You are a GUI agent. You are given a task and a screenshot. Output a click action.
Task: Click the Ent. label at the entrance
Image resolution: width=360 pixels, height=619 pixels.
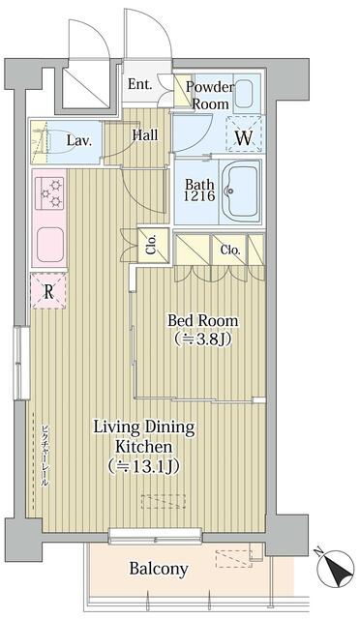pyautogui.click(x=140, y=84)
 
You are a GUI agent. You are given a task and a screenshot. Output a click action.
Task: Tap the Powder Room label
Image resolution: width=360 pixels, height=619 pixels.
pyautogui.click(x=210, y=95)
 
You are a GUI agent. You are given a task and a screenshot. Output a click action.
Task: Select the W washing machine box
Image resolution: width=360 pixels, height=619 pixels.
pyautogui.click(x=244, y=133)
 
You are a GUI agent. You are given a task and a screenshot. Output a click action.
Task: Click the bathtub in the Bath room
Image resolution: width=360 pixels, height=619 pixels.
pyautogui.click(x=240, y=192)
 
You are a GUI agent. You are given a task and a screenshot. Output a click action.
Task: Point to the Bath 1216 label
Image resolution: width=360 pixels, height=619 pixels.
pyautogui.click(x=200, y=190)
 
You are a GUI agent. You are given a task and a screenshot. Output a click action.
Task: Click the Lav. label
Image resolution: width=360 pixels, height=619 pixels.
pyautogui.click(x=79, y=140)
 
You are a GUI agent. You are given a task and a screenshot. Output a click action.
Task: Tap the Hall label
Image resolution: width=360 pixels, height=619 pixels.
pyautogui.click(x=145, y=135)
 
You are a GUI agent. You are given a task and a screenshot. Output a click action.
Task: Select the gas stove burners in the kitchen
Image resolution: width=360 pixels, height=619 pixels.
pyautogui.click(x=49, y=193)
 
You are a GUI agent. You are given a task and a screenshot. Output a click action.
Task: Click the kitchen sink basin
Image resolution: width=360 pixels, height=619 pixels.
pyautogui.click(x=50, y=245)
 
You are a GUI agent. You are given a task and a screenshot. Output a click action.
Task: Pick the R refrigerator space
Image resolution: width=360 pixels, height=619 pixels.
pyautogui.click(x=48, y=291)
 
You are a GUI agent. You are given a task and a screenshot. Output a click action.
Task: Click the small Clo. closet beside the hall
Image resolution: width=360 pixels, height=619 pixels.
pyautogui.click(x=153, y=245)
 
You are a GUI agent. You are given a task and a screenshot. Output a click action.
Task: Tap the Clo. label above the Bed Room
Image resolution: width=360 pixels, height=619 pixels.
pyautogui.click(x=230, y=250)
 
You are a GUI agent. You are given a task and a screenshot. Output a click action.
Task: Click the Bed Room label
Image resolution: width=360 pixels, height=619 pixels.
pyautogui.click(x=203, y=320)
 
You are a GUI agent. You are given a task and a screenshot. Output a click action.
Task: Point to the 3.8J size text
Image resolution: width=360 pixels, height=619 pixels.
pyautogui.click(x=203, y=339)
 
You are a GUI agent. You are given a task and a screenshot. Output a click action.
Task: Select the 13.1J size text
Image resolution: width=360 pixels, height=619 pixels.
pyautogui.click(x=144, y=466)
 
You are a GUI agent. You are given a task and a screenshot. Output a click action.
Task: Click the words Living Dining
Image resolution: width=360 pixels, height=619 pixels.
pyautogui.click(x=144, y=427)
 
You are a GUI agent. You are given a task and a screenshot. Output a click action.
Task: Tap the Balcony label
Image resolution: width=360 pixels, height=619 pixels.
pyautogui.click(x=159, y=569)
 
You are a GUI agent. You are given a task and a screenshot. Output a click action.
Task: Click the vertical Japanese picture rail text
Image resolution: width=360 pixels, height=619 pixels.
pyautogui.click(x=45, y=455)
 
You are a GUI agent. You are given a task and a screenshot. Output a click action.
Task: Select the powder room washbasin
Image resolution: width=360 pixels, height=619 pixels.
pyautogui.click(x=245, y=94)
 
